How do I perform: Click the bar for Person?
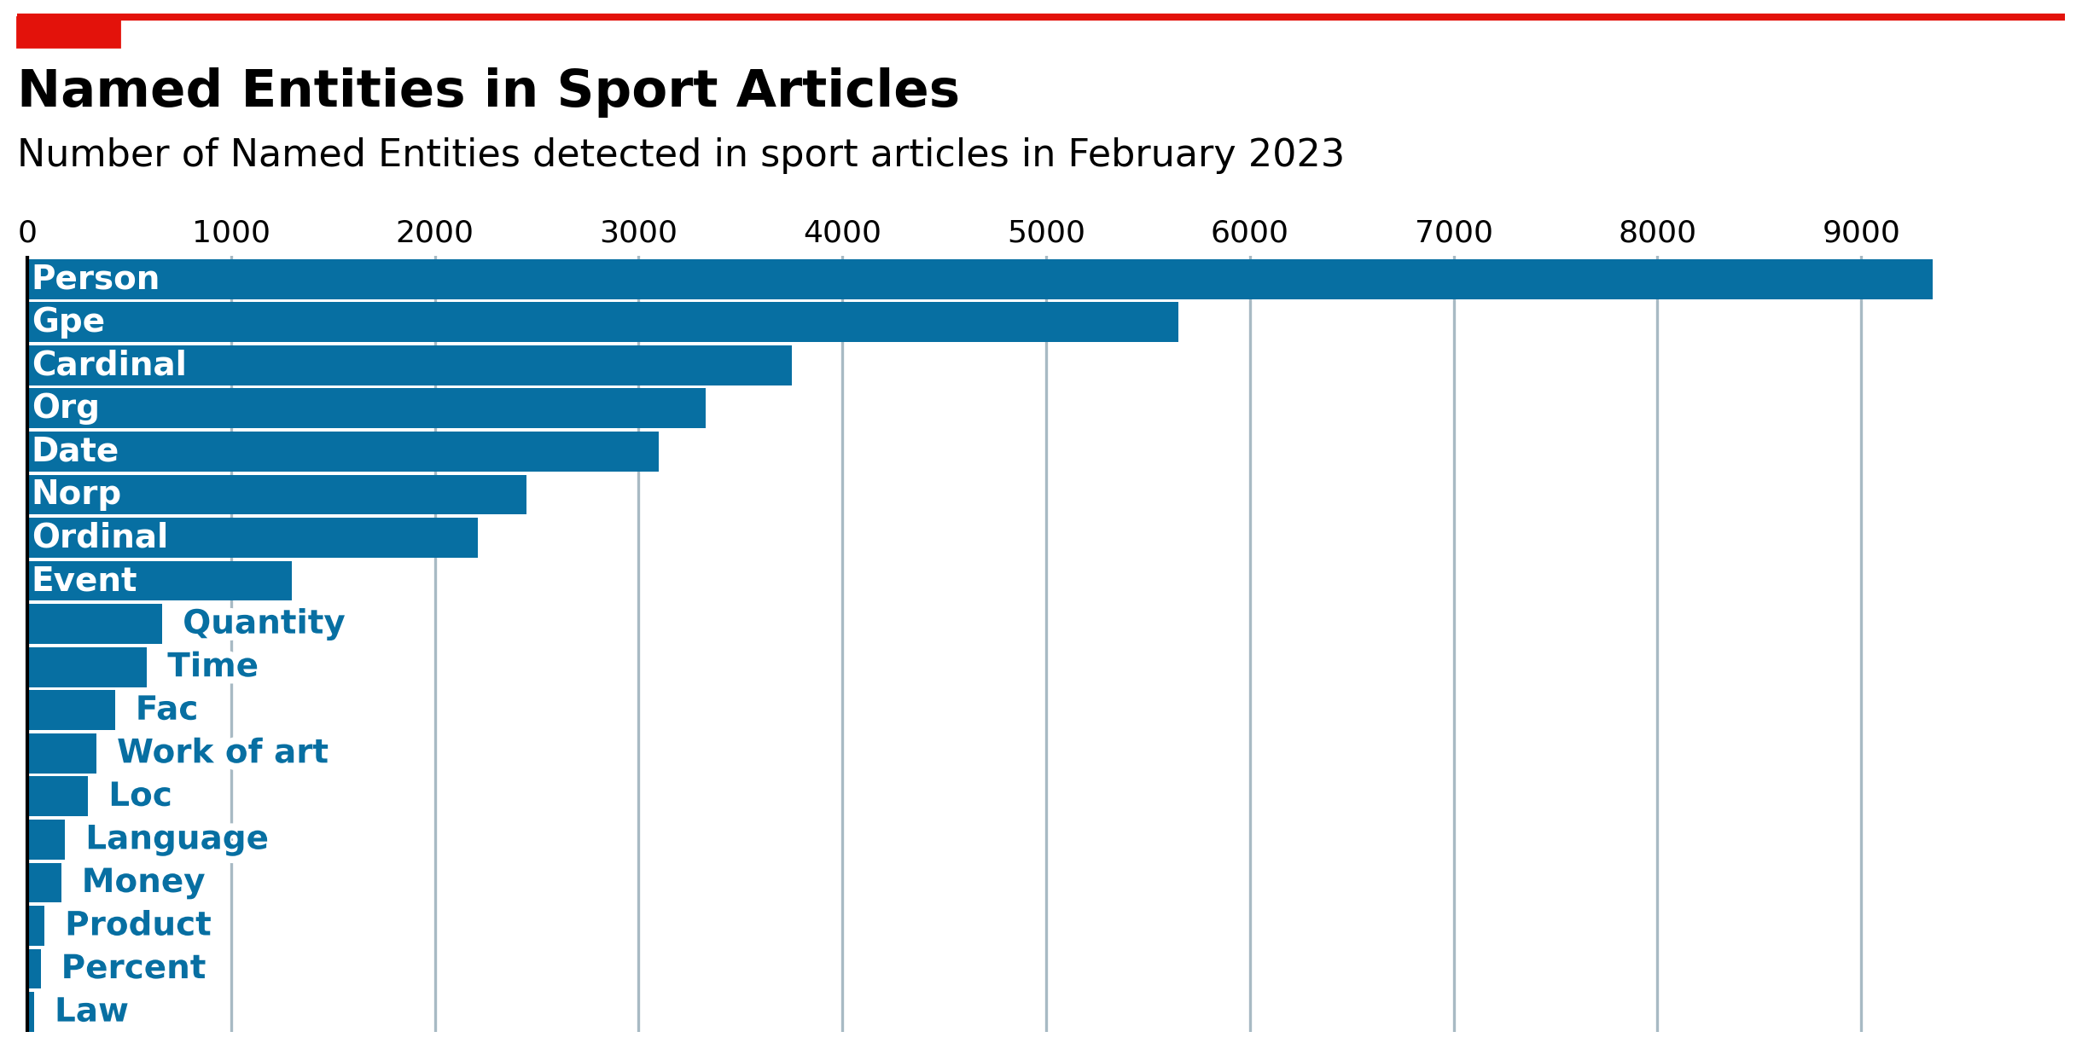(980, 279)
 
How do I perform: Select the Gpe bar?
(603, 322)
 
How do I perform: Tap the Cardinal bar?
(410, 365)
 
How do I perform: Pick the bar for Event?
(160, 581)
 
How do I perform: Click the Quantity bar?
(96, 623)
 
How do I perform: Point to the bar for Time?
(88, 667)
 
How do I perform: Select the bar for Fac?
(72, 710)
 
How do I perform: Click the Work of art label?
(223, 751)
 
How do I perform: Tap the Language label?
(177, 838)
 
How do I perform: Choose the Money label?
(143, 881)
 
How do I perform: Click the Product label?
(138, 924)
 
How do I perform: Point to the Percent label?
(134, 967)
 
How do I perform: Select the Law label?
(91, 1011)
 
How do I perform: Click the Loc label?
(141, 795)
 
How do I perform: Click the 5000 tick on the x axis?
(1046, 232)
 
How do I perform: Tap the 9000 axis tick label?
(1861, 232)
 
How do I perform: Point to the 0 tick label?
(27, 232)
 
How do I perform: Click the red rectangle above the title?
(68, 32)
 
